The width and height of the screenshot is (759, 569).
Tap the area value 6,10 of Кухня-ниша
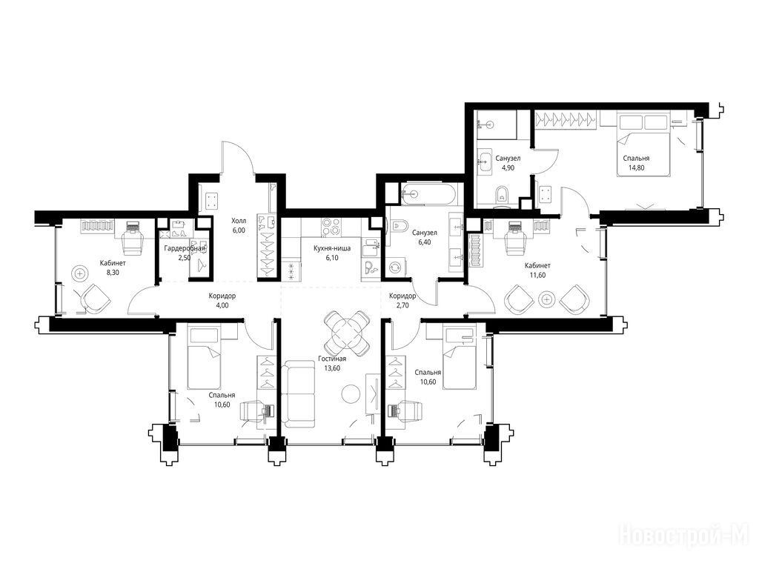coord(332,258)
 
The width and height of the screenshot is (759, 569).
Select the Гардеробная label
coord(185,249)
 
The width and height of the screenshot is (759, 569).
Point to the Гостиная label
coord(332,359)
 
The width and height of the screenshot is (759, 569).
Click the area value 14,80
coord(636,168)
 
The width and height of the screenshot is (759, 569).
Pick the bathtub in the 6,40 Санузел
coord(428,193)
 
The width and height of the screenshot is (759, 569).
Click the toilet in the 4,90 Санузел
coord(502,193)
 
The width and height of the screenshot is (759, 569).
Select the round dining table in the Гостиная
coord(346,333)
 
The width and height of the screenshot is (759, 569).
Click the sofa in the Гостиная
coord(298,394)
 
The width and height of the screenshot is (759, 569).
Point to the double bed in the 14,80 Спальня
coord(643,145)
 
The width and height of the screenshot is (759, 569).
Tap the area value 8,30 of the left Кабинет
coord(113,273)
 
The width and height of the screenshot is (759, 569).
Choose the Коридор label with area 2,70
coord(402,296)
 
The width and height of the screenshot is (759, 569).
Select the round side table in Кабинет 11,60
coord(547,299)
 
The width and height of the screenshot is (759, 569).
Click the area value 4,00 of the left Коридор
coord(222,305)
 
